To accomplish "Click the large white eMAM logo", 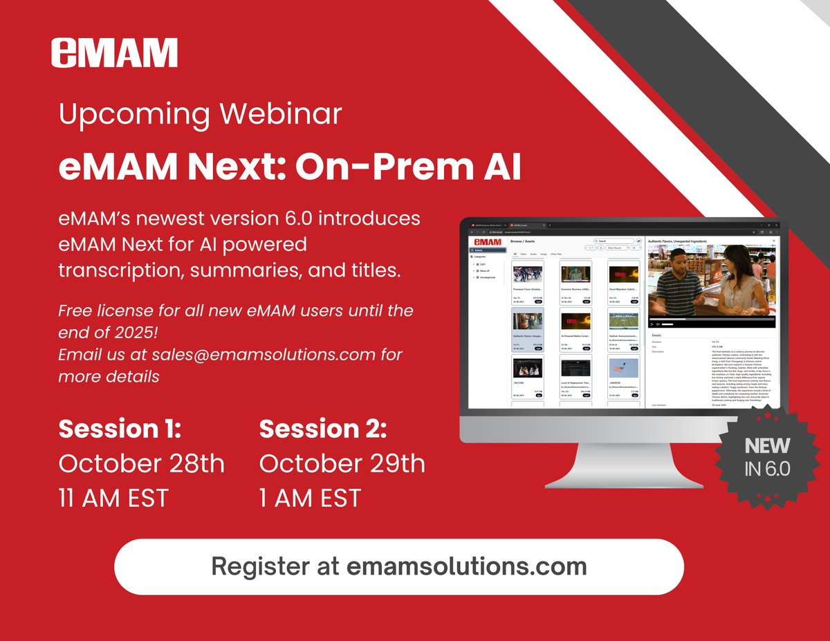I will pyautogui.click(x=114, y=53).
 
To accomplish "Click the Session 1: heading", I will pyautogui.click(x=120, y=429).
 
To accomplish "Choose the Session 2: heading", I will pyautogui.click(x=322, y=429).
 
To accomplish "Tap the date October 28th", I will pyautogui.click(x=141, y=463).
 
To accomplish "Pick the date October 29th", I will pyautogui.click(x=342, y=463).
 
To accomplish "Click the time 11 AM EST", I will pyautogui.click(x=113, y=498).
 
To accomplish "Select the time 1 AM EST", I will pyautogui.click(x=310, y=498).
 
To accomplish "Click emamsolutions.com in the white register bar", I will pyautogui.click(x=467, y=566).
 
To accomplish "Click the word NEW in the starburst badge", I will pyautogui.click(x=767, y=445).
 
